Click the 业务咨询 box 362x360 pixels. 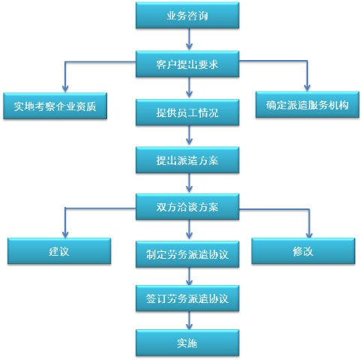click(x=187, y=15)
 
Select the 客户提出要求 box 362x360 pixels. click(x=187, y=64)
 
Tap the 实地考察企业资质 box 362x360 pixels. click(x=55, y=106)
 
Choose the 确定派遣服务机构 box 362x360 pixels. click(x=307, y=105)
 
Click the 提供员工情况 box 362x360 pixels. click(x=187, y=112)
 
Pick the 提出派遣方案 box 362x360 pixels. click(x=187, y=160)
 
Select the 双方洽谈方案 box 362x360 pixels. click(x=187, y=207)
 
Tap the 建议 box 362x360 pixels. click(x=59, y=251)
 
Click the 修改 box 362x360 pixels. click(x=304, y=251)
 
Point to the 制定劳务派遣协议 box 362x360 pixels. click(x=187, y=254)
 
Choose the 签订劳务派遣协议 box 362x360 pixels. click(x=187, y=298)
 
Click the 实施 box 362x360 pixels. click(x=187, y=343)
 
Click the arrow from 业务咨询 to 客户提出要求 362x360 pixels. click(x=189, y=40)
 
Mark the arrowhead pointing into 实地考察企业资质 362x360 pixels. click(x=65, y=88)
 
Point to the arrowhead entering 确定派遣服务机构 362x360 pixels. click(x=307, y=88)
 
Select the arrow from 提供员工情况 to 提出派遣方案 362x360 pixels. click(x=189, y=136)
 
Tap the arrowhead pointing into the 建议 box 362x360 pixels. click(x=65, y=234)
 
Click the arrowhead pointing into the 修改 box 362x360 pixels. click(x=310, y=234)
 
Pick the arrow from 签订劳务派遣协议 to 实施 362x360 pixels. click(x=189, y=320)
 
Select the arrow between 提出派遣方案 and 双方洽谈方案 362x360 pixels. click(x=189, y=184)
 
